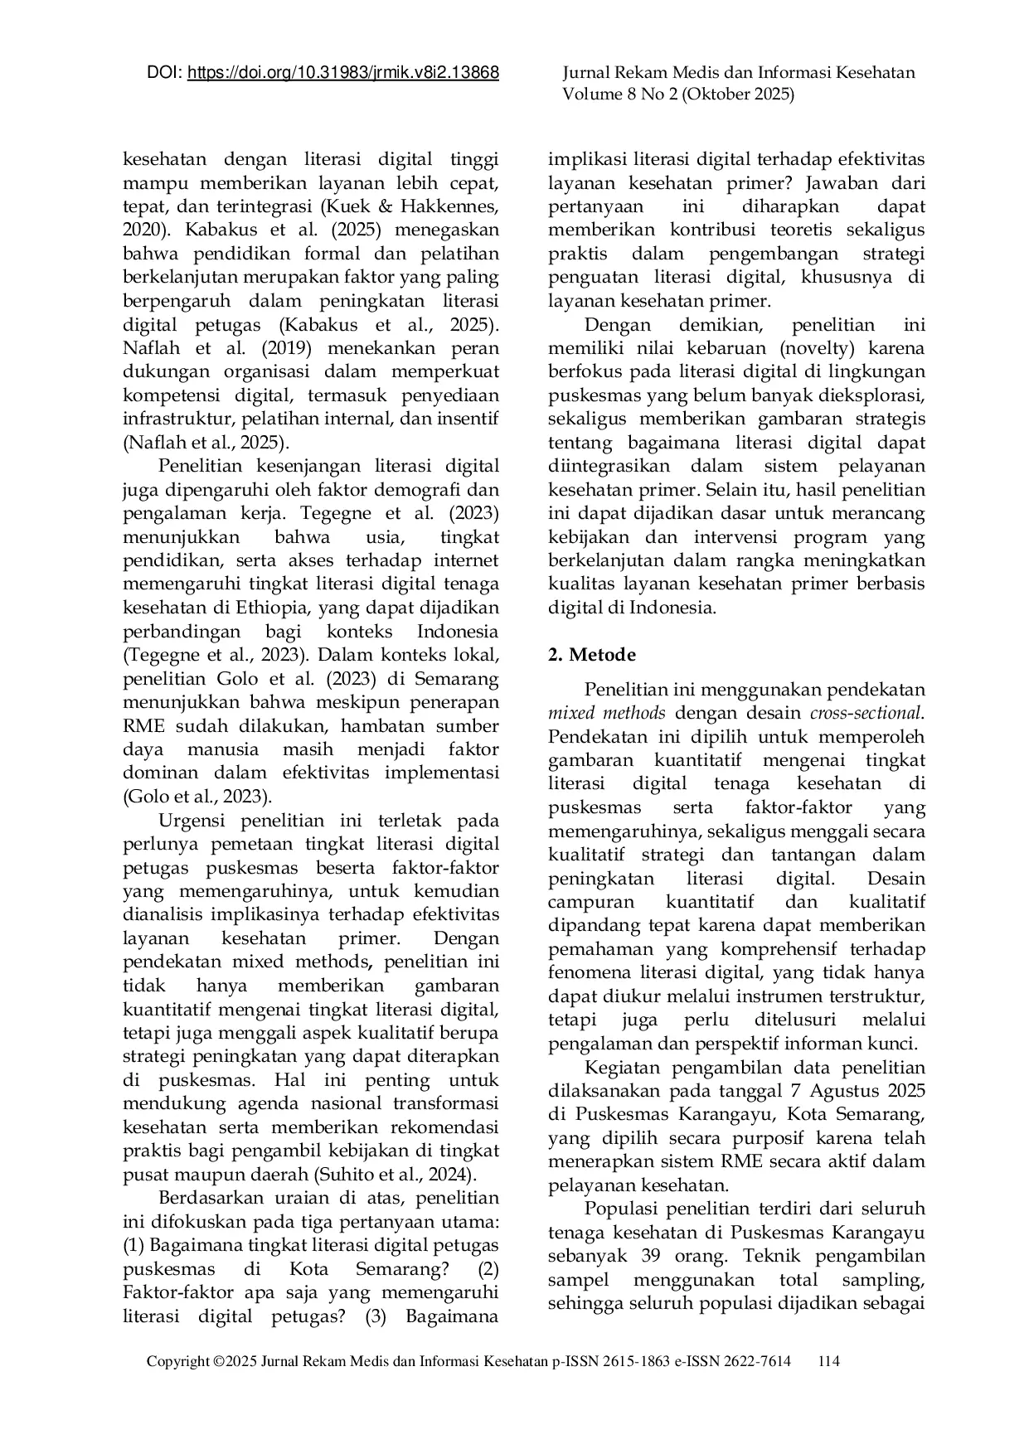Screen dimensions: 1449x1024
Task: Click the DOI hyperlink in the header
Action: pos(343,73)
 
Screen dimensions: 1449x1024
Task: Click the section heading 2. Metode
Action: pos(592,655)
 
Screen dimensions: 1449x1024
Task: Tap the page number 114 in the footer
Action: pos(828,1361)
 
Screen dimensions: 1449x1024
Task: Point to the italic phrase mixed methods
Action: pos(607,713)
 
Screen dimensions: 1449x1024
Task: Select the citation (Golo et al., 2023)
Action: pos(197,797)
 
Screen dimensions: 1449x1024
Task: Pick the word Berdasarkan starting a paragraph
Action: pos(211,1198)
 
